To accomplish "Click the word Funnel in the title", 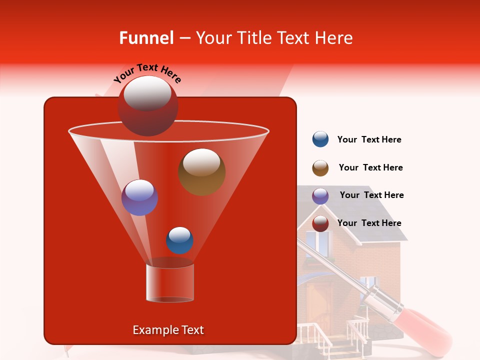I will (146, 38).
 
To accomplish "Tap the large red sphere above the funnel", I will (148, 105).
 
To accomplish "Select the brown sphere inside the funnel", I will (201, 171).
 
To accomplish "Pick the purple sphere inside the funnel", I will (139, 197).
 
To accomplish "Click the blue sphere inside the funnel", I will (179, 240).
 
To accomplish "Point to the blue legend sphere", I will (320, 139).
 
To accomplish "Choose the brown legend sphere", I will (320, 168).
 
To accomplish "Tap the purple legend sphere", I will (320, 196).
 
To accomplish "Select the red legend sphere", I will (320, 223).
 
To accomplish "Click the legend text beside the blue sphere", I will (369, 139).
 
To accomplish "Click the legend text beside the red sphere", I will (369, 223).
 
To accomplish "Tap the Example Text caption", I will (168, 330).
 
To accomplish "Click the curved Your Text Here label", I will (147, 73).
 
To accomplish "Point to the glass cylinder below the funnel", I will (170, 282).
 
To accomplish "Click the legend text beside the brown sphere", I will (370, 167).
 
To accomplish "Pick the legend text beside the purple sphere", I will (371, 195).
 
